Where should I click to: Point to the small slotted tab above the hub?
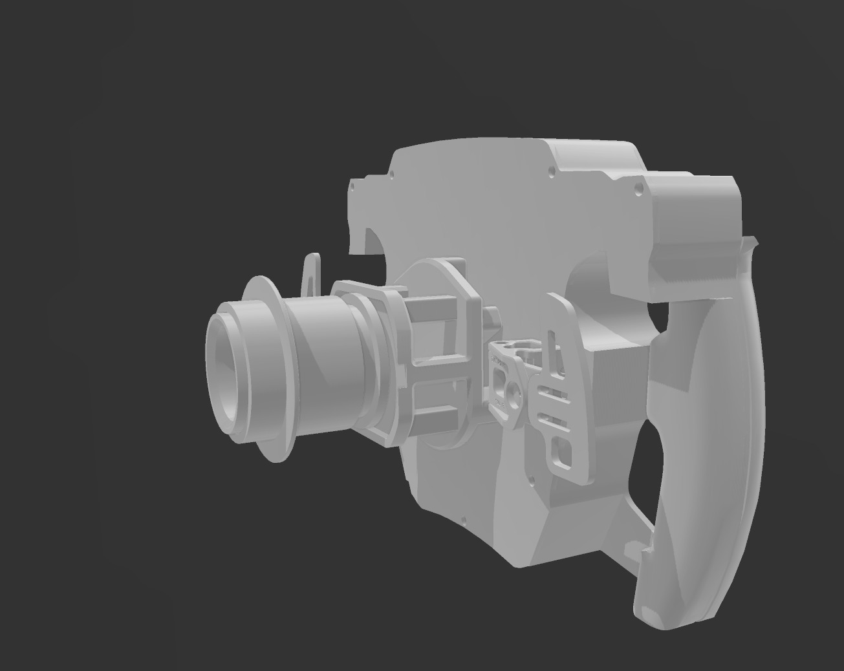point(312,275)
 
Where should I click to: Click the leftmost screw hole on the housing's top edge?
point(352,187)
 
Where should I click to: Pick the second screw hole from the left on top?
point(391,175)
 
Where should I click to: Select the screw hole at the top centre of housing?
point(551,172)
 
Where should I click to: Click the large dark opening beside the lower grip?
point(647,465)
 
